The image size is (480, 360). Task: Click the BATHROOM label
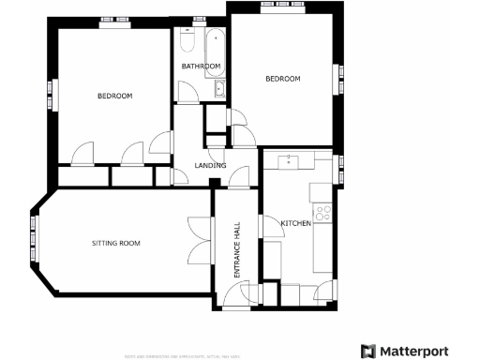tap(201, 67)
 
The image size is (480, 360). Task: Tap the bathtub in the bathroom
tap(215, 44)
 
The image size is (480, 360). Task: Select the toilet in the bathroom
tap(185, 43)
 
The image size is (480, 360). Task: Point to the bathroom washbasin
tap(219, 89)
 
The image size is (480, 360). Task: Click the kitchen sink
tap(290, 161)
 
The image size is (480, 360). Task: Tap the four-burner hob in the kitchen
tap(324, 213)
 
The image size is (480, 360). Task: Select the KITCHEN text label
tap(296, 222)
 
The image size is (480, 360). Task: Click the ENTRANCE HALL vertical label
tap(237, 248)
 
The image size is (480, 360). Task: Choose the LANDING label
tap(209, 166)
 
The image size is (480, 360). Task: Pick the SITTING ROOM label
tap(115, 243)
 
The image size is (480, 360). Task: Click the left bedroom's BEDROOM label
tap(114, 96)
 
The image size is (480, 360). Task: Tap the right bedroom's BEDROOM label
tap(282, 79)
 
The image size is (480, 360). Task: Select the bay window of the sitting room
tap(34, 243)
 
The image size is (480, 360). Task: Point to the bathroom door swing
tap(187, 93)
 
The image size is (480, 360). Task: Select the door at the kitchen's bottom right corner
tap(324, 291)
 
